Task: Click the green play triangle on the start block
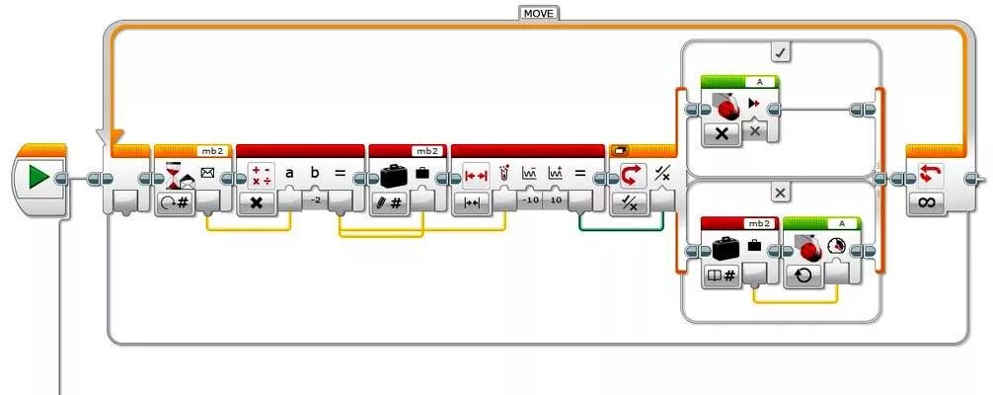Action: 38,179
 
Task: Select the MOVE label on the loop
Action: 538,13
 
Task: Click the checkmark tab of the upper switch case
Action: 780,51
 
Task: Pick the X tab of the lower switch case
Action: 780,193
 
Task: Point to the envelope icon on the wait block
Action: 207,174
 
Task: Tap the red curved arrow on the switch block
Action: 629,177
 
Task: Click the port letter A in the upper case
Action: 760,82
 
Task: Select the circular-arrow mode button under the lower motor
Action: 802,275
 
